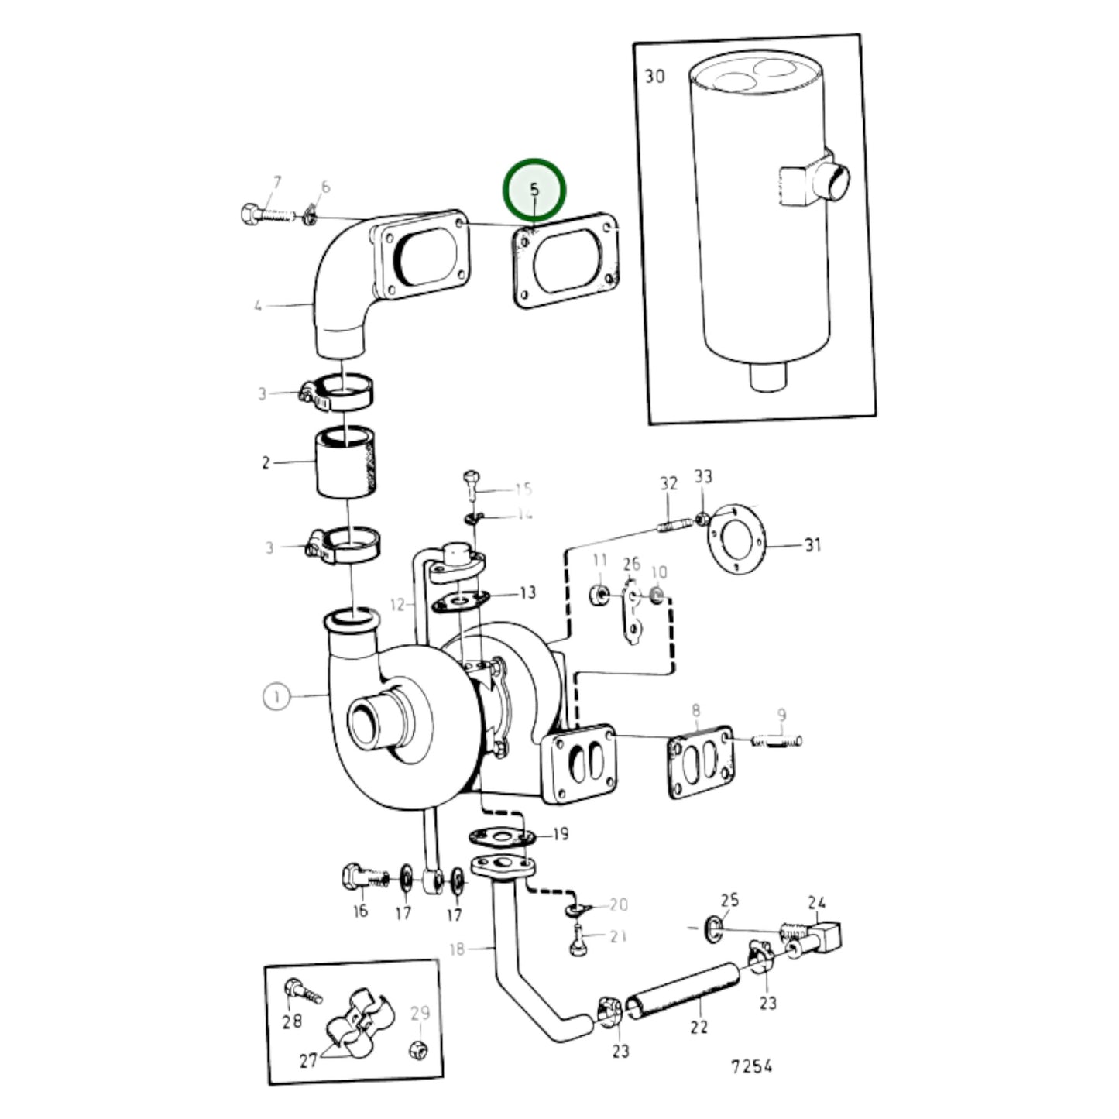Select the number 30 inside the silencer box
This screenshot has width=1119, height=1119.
pos(654,77)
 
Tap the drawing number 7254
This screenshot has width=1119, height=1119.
pos(751,1066)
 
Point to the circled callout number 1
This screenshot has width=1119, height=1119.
pos(276,697)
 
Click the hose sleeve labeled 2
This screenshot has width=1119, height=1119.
pos(347,465)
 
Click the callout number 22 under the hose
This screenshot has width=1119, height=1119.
pos(699,1027)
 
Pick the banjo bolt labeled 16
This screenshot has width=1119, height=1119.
pos(359,877)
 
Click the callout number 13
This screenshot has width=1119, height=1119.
pos(527,593)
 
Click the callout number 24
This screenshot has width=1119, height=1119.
pos(817,902)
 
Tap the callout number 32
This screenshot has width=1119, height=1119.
pos(668,483)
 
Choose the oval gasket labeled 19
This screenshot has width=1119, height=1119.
pos(501,836)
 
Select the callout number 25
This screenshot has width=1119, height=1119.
pos(729,900)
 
